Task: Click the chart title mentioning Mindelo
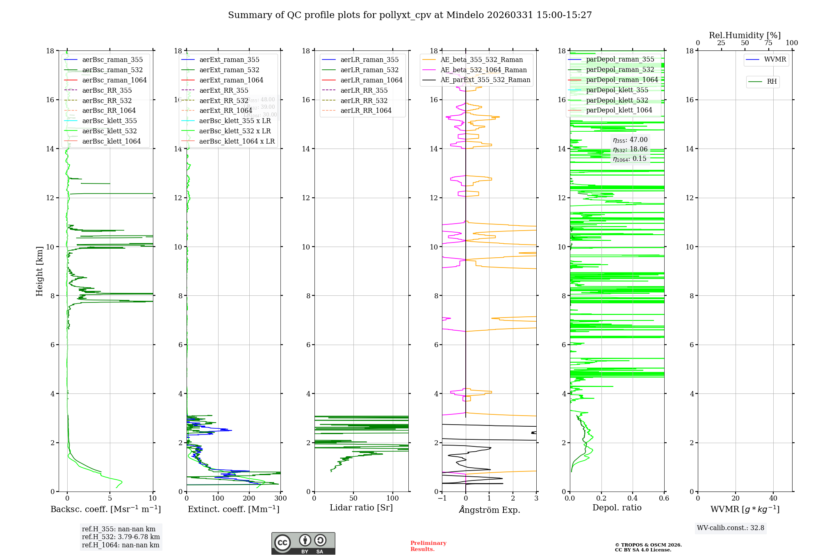click(x=410, y=15)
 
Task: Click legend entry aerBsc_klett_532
click(x=109, y=131)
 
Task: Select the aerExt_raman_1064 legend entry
click(x=231, y=80)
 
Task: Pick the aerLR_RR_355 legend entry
click(x=364, y=91)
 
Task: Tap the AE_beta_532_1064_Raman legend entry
click(x=483, y=70)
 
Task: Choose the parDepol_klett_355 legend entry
click(x=617, y=90)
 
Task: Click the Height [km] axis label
click(x=39, y=271)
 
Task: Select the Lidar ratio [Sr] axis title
click(x=361, y=508)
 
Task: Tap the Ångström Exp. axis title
click(x=489, y=510)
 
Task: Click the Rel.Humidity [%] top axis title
click(x=745, y=36)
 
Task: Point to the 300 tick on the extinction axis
click(x=281, y=499)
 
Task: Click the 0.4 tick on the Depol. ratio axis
click(x=633, y=499)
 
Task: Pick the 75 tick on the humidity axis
click(x=768, y=43)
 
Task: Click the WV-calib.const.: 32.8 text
click(x=731, y=528)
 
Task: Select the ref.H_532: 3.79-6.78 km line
click(x=121, y=537)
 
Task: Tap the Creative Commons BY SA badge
click(x=303, y=543)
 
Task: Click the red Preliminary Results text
click(x=428, y=546)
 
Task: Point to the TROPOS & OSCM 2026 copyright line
click(x=648, y=545)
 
